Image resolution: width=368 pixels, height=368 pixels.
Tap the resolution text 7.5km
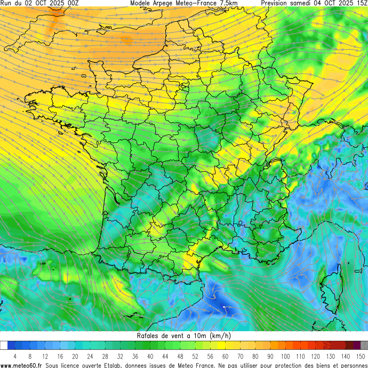click(x=226, y=3)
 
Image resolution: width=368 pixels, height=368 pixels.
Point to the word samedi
click(x=305, y=3)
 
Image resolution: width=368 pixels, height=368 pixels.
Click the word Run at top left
click(x=6, y=3)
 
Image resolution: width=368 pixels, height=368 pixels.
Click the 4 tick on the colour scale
click(x=15, y=356)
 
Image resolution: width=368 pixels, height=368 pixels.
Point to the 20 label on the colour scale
click(x=75, y=356)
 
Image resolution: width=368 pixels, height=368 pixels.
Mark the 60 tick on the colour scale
click(x=226, y=356)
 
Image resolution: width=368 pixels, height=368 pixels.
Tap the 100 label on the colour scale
click(x=285, y=356)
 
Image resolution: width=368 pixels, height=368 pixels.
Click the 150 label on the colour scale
click(x=360, y=356)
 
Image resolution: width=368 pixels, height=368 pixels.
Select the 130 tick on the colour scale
click(x=330, y=356)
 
